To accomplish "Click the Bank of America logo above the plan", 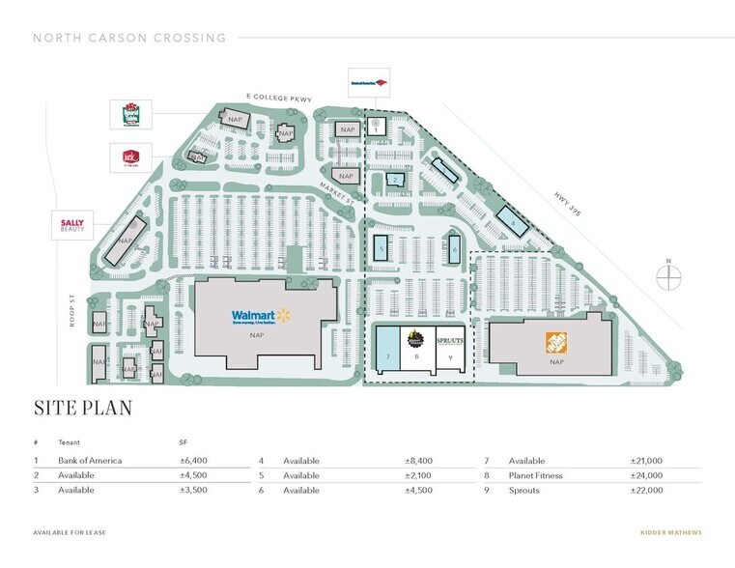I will pos(369,84).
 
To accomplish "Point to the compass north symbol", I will pos(669,276).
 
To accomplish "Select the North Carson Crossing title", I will pos(129,39).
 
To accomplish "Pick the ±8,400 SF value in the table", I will pos(419,461).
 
